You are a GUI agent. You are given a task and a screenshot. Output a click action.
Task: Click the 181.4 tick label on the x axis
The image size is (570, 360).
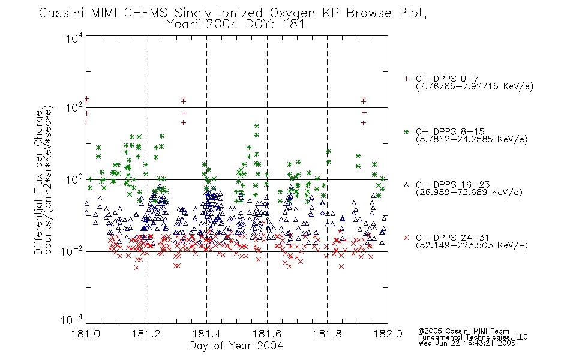coord(207,334)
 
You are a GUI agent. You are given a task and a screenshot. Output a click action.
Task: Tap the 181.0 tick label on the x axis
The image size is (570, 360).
coord(86,334)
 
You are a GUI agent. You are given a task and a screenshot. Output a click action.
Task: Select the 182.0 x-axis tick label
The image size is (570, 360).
coord(388,334)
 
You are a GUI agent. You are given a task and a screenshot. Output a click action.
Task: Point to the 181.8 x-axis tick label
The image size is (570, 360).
coord(328,334)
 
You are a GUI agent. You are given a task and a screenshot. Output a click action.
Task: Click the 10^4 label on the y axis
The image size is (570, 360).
coord(74,38)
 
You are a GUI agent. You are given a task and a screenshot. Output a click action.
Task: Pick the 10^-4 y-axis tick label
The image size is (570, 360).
coord(71,320)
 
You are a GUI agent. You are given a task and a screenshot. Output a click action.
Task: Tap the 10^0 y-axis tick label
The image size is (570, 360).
coord(74,179)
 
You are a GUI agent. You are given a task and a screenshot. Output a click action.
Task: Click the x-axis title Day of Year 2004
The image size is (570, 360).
coord(236,346)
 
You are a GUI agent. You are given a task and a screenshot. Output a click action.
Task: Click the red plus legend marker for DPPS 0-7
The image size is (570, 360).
coord(406,79)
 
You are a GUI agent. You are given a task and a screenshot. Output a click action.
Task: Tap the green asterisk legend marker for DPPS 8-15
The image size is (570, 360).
coord(406,132)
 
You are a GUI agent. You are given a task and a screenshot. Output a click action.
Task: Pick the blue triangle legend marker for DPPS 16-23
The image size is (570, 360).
coord(406,185)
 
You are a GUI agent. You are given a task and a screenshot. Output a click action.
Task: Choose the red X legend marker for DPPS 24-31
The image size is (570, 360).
coord(406,238)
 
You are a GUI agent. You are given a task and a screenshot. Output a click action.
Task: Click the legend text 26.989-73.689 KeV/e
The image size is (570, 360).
coord(469,193)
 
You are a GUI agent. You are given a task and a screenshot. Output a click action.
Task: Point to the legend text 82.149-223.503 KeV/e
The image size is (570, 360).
coord(472,245)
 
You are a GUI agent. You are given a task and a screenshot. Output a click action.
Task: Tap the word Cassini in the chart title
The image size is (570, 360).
coord(62,13)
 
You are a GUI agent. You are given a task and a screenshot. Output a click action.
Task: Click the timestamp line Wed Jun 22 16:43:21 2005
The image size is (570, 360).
coord(467,343)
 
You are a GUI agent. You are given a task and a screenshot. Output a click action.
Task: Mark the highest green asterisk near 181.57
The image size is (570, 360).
coord(257,126)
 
